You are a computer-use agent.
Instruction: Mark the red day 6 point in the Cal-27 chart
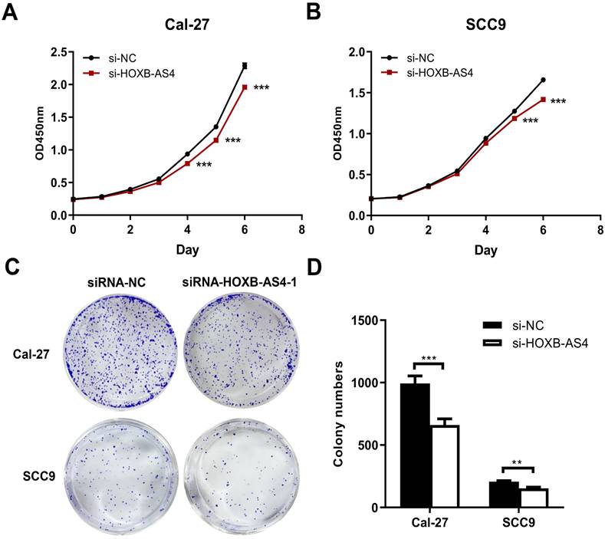click(x=245, y=87)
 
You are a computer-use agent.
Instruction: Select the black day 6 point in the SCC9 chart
click(x=543, y=80)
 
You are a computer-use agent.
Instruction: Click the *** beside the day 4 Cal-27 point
click(x=204, y=165)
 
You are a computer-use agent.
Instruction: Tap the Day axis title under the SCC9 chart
click(x=484, y=251)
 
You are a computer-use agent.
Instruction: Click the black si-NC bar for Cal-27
click(x=415, y=445)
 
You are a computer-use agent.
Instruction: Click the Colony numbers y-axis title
click(x=340, y=414)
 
